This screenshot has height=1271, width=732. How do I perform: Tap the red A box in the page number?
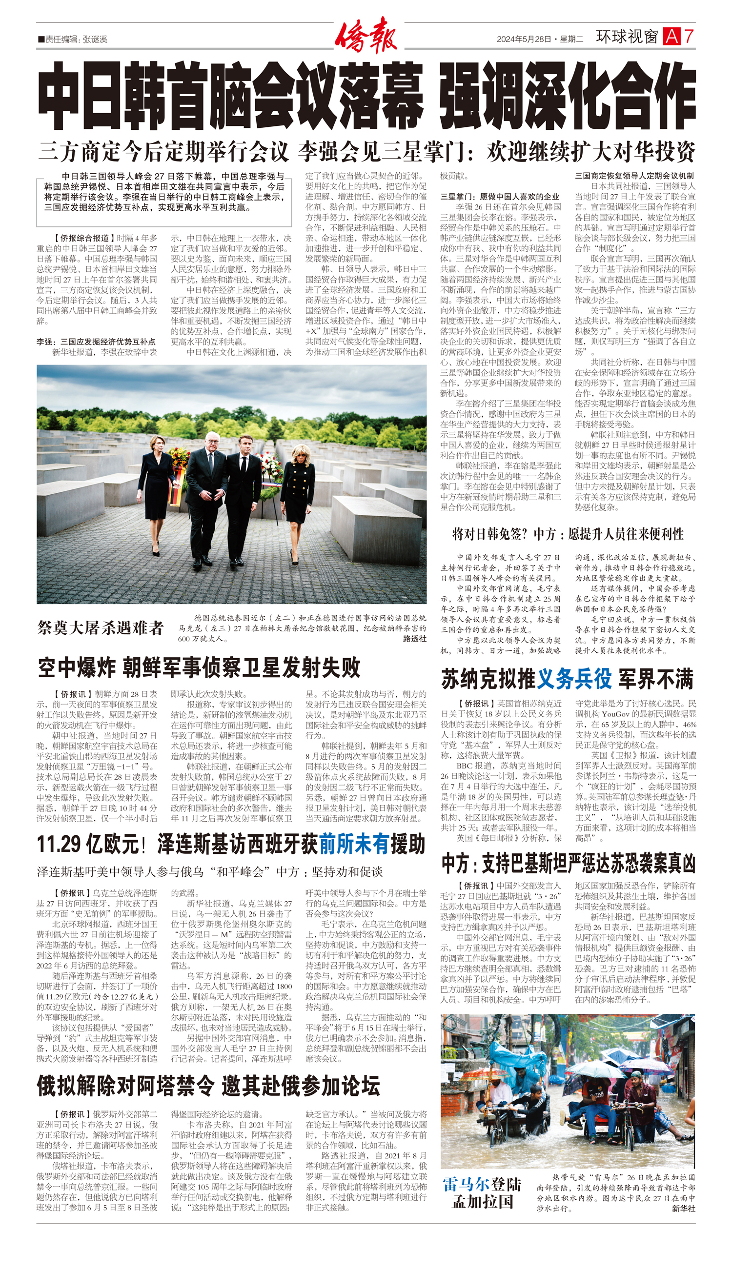[671, 37]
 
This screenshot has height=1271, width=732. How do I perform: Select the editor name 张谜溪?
[95, 39]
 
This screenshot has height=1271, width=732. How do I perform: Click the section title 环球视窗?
[627, 37]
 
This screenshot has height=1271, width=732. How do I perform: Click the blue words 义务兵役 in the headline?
[574, 679]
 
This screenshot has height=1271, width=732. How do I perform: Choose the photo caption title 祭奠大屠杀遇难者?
[101, 628]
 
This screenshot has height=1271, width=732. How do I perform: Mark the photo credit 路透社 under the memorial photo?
[414, 639]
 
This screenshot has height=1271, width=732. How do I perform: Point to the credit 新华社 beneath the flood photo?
[684, 1208]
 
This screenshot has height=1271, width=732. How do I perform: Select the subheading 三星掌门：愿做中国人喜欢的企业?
[500, 197]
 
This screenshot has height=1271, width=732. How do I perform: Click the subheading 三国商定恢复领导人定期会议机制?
[634, 176]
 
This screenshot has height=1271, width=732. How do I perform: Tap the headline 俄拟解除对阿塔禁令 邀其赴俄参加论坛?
[208, 1086]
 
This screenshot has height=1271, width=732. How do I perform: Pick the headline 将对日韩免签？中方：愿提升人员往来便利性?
[568, 534]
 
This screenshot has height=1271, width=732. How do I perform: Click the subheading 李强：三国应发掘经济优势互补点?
[96, 342]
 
